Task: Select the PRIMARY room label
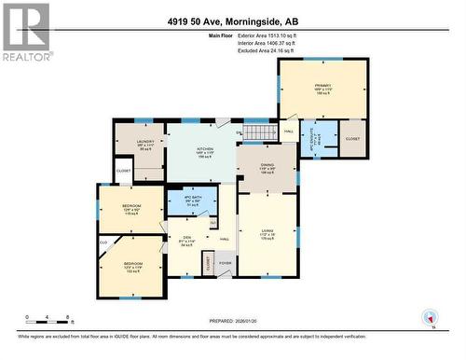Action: [x=323, y=89]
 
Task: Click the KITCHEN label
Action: [x=205, y=151]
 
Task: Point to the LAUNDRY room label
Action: [x=146, y=145]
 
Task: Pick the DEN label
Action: [x=186, y=241]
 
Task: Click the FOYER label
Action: [x=225, y=263]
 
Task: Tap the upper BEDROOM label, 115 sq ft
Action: [x=131, y=210]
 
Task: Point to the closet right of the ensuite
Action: [x=352, y=137]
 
